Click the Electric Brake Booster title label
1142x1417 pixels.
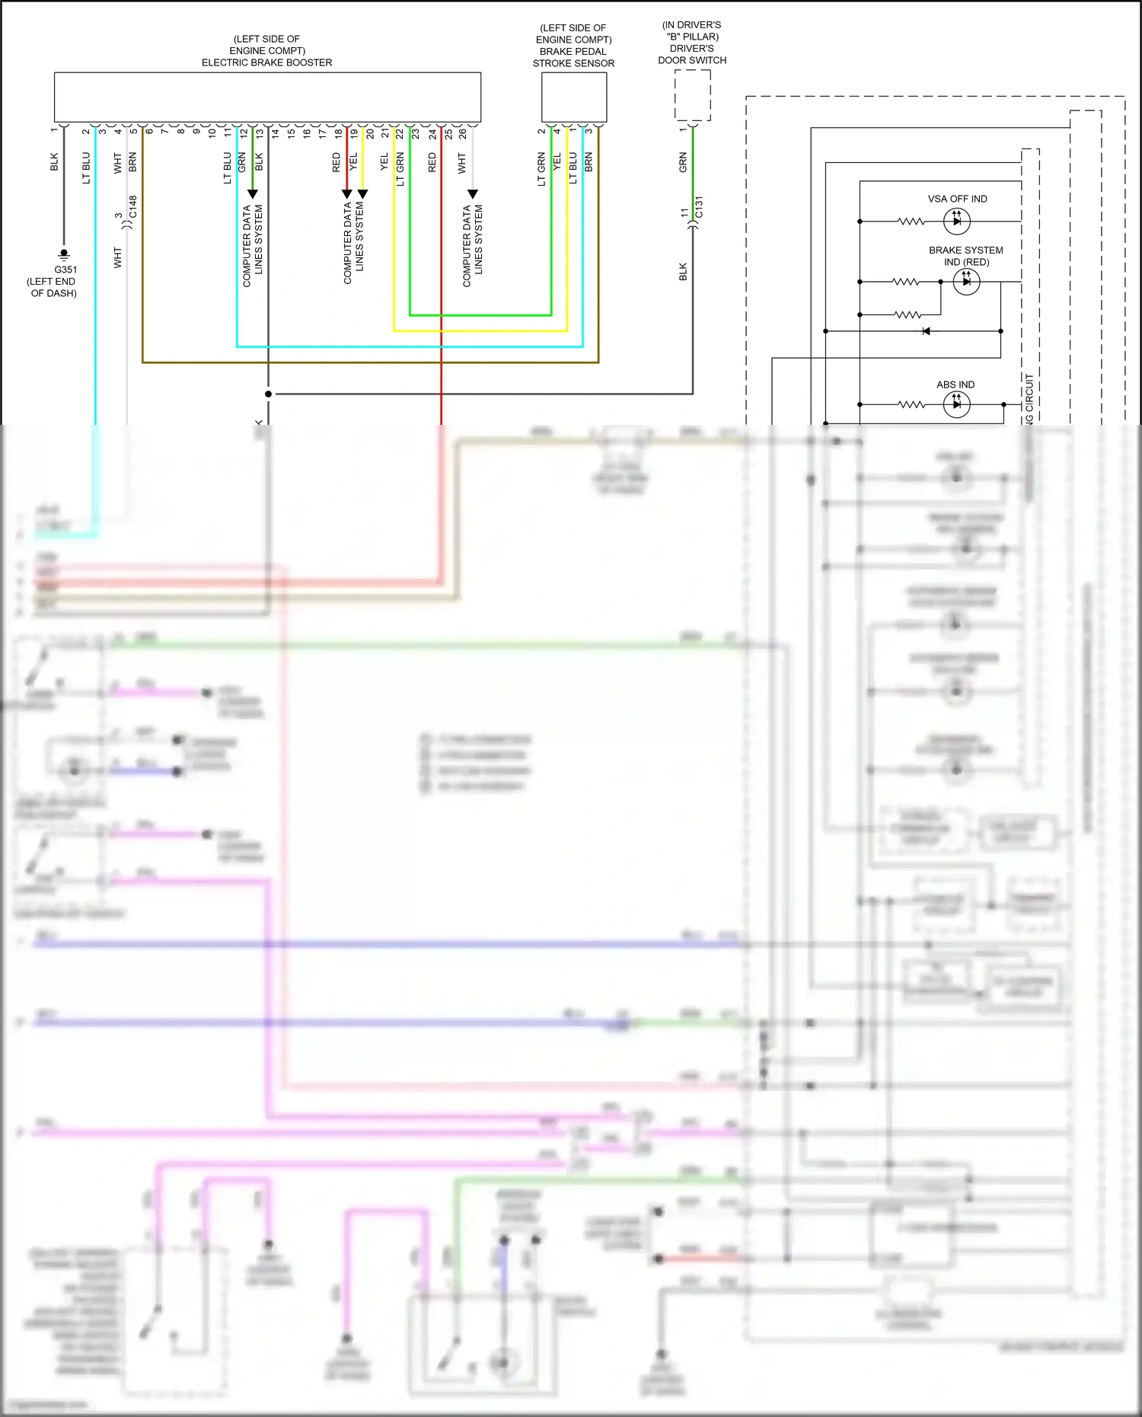[266, 62]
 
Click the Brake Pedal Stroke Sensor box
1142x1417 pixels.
[573, 97]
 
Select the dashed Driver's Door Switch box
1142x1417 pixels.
[692, 95]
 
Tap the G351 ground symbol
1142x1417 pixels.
[64, 254]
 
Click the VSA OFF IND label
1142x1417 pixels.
[957, 199]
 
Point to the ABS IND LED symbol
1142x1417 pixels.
[956, 404]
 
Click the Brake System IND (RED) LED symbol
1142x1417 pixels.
[966, 282]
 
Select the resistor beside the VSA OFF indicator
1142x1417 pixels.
[911, 222]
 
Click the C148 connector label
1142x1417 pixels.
[133, 207]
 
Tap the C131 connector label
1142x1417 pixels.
[700, 207]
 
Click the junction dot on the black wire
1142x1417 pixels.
[268, 394]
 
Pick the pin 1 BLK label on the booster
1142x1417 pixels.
[54, 161]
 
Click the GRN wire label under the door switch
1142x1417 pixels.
[683, 162]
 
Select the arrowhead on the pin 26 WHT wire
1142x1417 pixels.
[472, 194]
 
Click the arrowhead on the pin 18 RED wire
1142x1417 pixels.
[347, 194]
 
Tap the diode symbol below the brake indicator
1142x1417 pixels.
[926, 331]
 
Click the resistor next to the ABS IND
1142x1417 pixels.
[911, 404]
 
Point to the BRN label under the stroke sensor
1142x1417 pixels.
[589, 161]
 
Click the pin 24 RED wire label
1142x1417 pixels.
[432, 162]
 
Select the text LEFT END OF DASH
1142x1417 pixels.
[53, 287]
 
